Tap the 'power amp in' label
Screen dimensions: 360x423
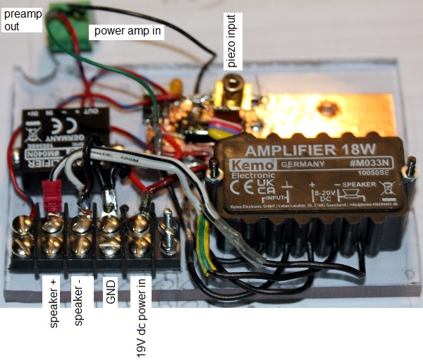(129, 31)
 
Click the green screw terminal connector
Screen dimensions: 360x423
(69, 31)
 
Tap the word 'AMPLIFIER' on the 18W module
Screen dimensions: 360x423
(278, 151)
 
